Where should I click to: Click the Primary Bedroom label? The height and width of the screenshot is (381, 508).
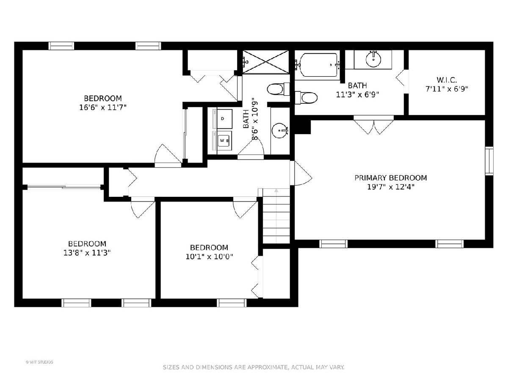pyautogui.click(x=391, y=178)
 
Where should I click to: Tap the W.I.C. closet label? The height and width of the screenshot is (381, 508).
pyautogui.click(x=447, y=80)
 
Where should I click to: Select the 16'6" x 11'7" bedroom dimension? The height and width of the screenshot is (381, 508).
pyautogui.click(x=103, y=108)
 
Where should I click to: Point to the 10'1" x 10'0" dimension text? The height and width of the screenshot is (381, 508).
pyautogui.click(x=209, y=257)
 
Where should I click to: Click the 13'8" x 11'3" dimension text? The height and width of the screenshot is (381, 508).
pyautogui.click(x=87, y=253)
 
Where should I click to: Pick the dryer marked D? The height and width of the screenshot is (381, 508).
pyautogui.click(x=222, y=119)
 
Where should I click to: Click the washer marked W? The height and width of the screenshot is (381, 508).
pyautogui.click(x=222, y=141)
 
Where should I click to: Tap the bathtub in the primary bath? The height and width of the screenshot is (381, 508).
pyautogui.click(x=317, y=66)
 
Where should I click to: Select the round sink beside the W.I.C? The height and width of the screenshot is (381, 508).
pyautogui.click(x=373, y=59)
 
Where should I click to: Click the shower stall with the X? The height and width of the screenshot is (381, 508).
pyautogui.click(x=265, y=62)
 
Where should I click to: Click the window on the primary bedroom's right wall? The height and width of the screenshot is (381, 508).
pyautogui.click(x=489, y=161)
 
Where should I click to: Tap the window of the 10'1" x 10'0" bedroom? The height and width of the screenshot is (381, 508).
pyautogui.click(x=232, y=303)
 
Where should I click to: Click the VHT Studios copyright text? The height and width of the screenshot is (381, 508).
pyautogui.click(x=39, y=362)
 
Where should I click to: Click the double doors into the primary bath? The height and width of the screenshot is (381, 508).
pyautogui.click(x=373, y=125)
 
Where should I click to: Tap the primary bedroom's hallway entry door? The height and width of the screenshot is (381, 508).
pyautogui.click(x=301, y=173)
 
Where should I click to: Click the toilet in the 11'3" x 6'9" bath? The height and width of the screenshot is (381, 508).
pyautogui.click(x=306, y=98)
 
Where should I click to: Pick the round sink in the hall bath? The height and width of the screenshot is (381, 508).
pyautogui.click(x=279, y=130)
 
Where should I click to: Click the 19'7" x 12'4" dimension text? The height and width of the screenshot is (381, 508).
pyautogui.click(x=391, y=187)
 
